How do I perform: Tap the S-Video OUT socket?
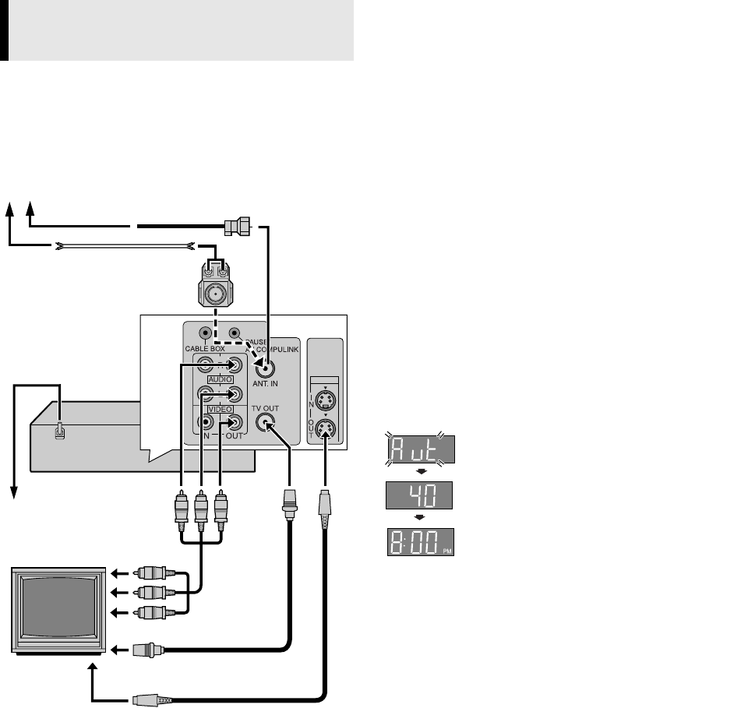(327, 428)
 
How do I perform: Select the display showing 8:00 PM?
(422, 541)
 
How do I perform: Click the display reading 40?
(422, 495)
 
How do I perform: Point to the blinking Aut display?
(422, 449)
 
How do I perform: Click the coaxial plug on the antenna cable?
(235, 227)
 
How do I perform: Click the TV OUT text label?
(266, 409)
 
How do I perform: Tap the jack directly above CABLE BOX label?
(206, 332)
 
